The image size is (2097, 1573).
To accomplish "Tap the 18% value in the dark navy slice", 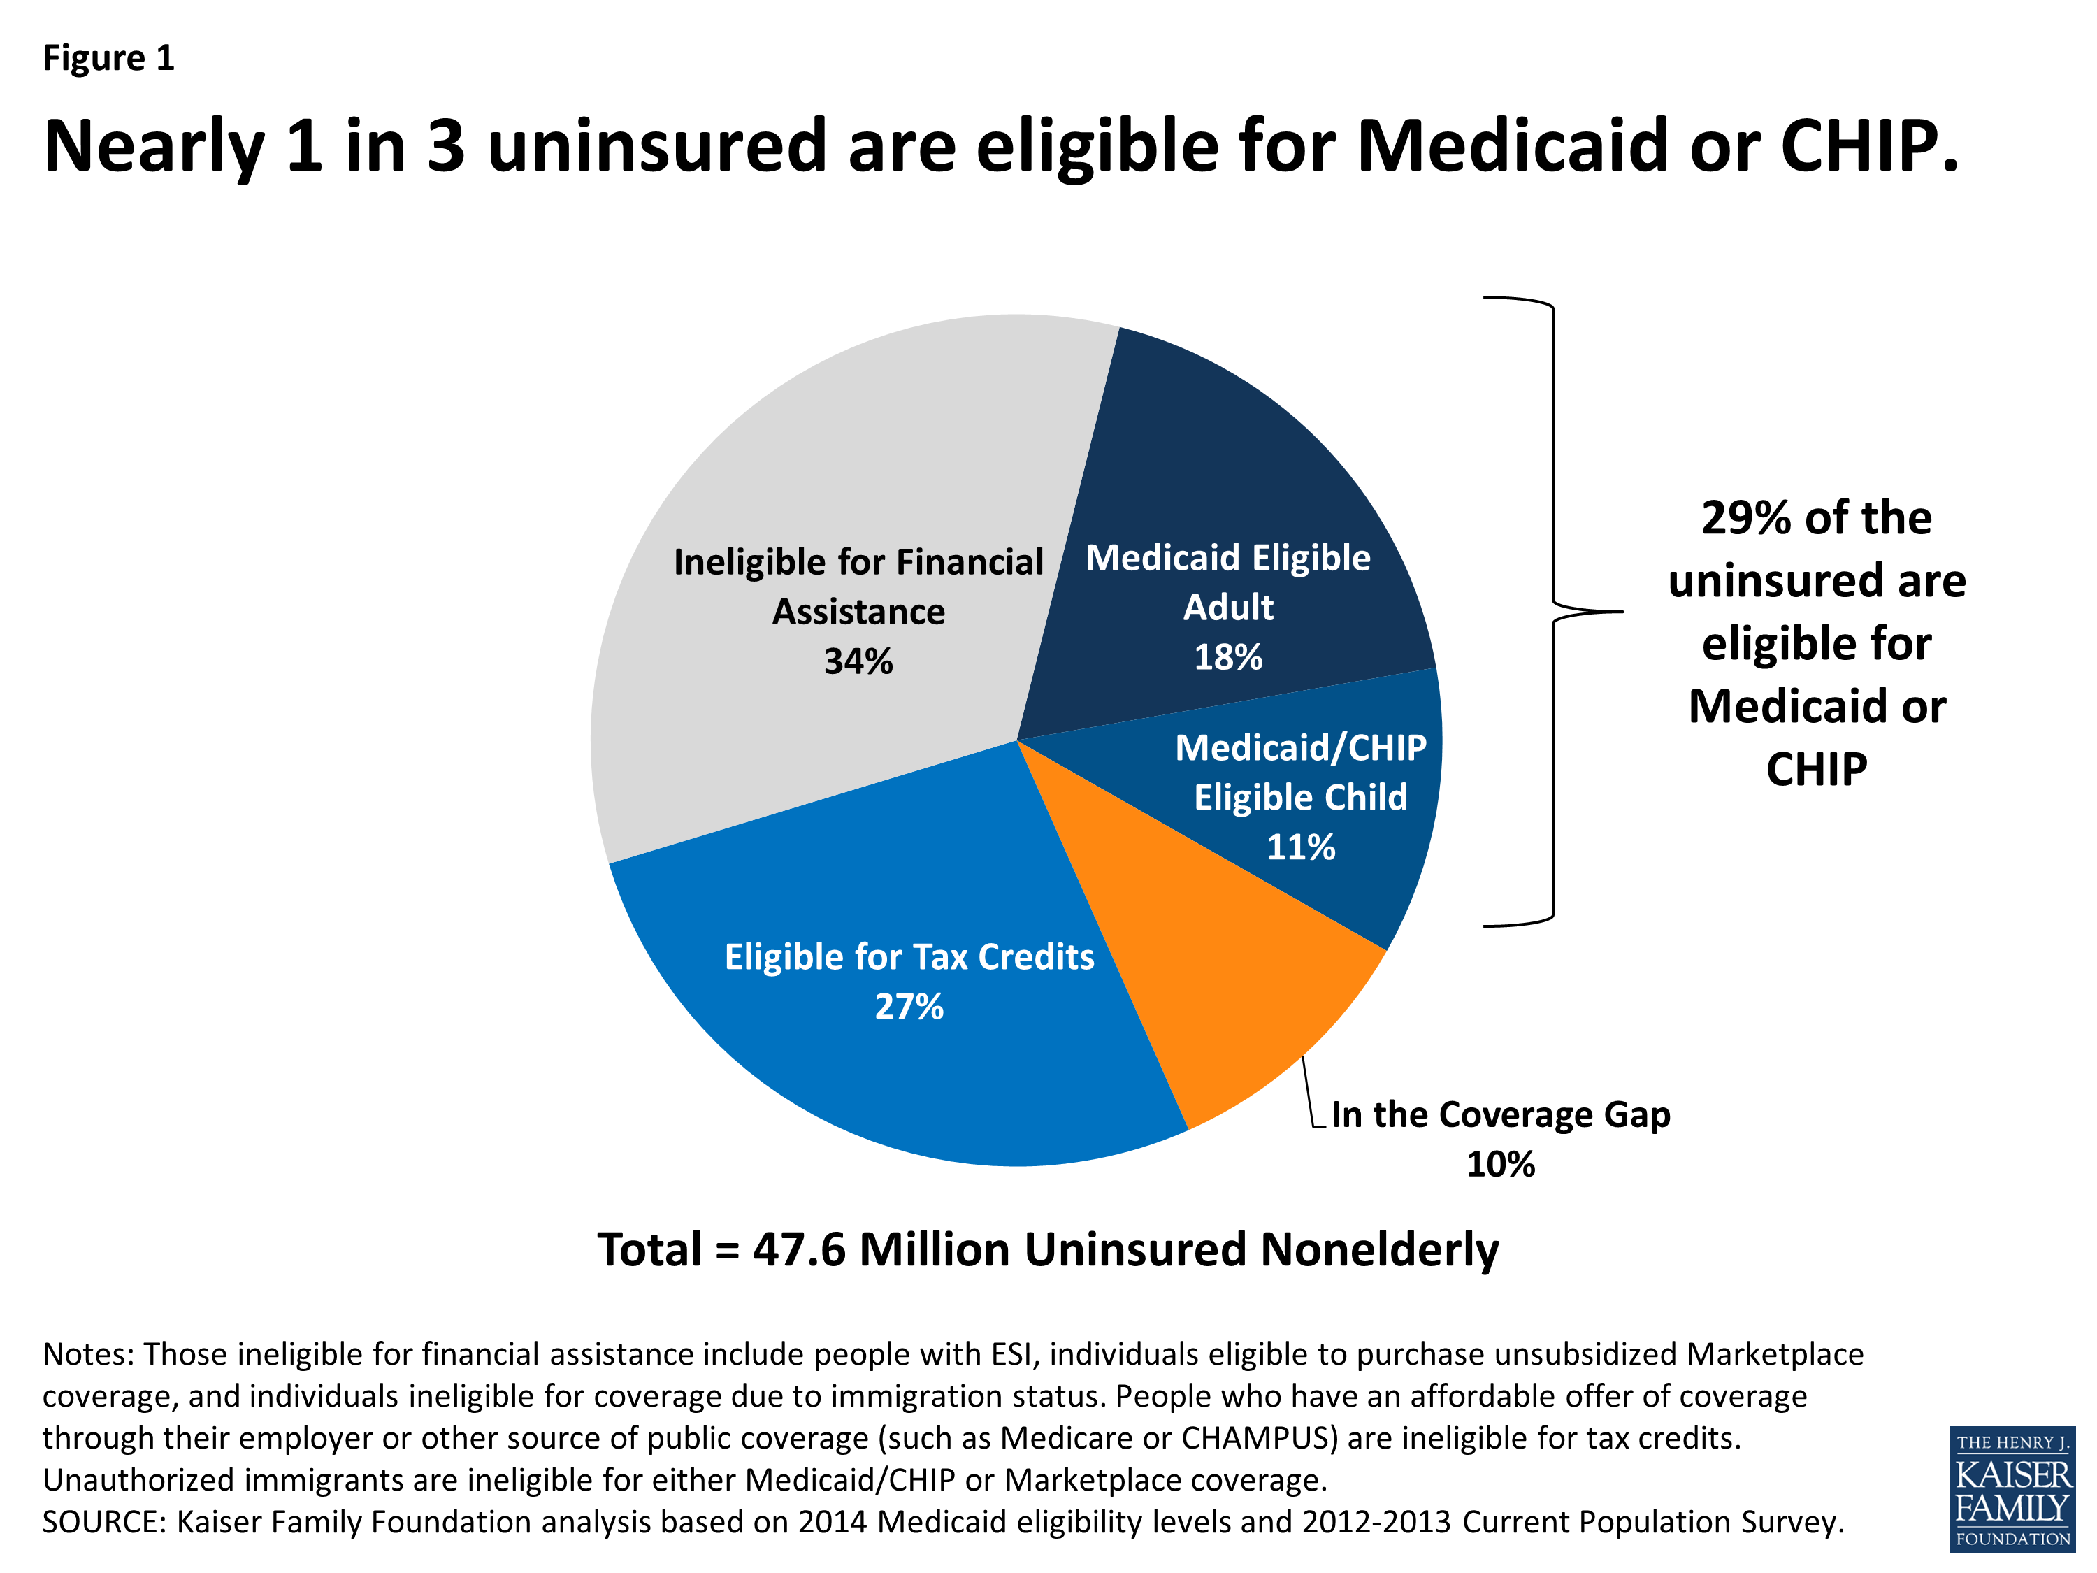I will [x=1227, y=657].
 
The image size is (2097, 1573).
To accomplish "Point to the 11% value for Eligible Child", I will [x=1301, y=847].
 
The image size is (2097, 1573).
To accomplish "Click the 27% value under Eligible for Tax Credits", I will [x=908, y=1007].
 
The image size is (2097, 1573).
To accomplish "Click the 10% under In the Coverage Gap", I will [x=1500, y=1164].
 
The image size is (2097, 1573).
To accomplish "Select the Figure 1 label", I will [x=108, y=58].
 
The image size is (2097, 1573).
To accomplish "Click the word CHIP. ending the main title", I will [x=1868, y=146].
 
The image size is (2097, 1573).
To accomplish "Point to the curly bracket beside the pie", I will [x=1555, y=612].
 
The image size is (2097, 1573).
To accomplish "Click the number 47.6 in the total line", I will [x=798, y=1250].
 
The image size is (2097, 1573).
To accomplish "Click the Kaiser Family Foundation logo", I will [x=2012, y=1488].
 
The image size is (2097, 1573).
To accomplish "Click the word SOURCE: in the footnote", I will [x=104, y=1522].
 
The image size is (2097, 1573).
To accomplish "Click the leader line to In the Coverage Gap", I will [x=1309, y=1091].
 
